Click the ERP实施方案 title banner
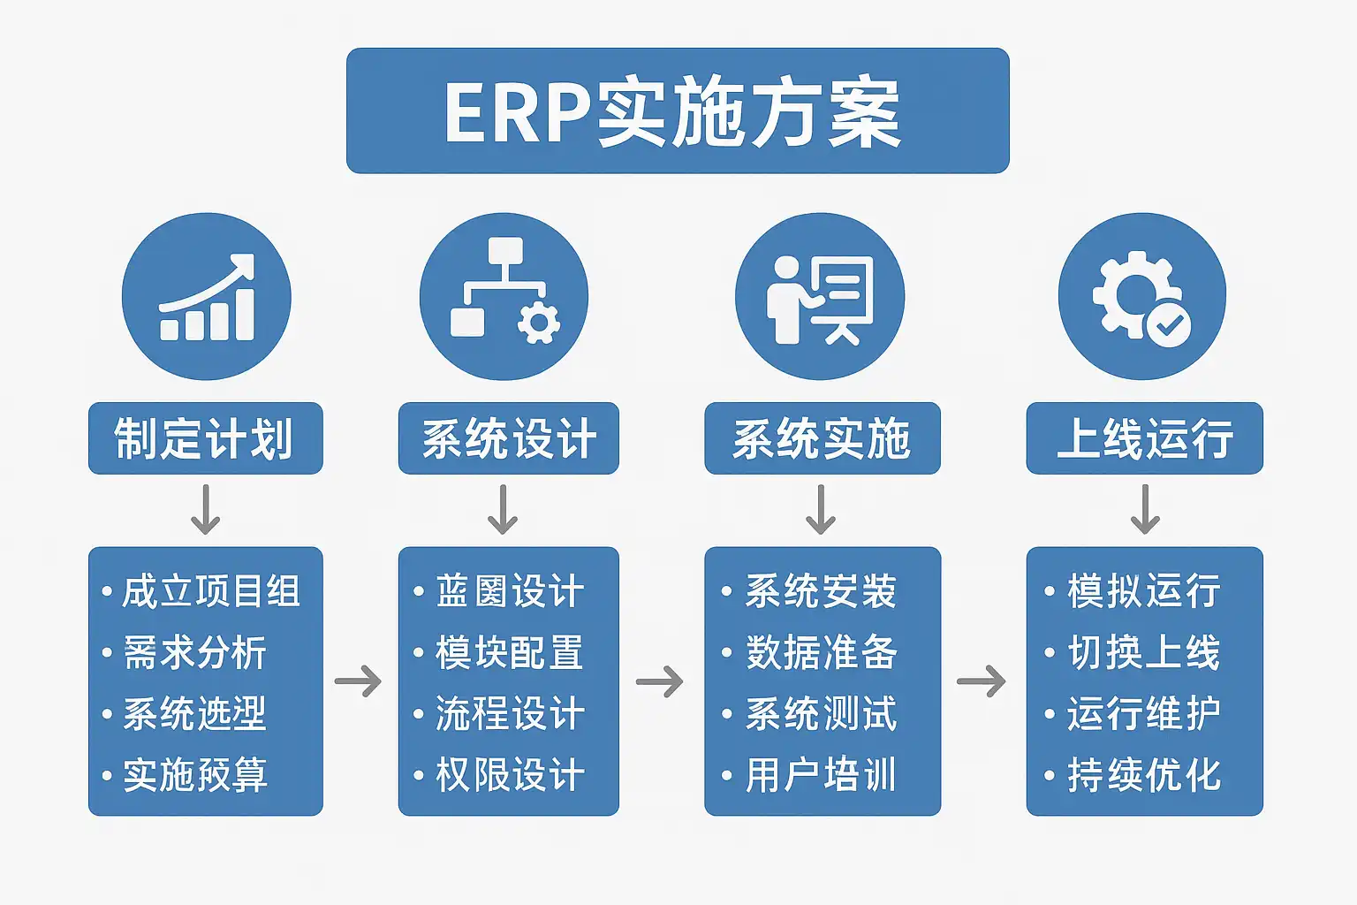click(678, 111)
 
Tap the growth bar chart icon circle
click(206, 297)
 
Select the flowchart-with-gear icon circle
click(504, 297)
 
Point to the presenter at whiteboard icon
click(820, 297)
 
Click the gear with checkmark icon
click(1141, 297)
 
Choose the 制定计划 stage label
click(205, 438)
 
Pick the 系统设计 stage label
click(508, 438)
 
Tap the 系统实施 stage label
click(822, 438)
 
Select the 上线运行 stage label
click(1144, 438)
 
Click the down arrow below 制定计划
click(206, 510)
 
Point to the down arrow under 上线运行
click(1145, 510)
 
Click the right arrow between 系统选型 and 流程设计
click(359, 681)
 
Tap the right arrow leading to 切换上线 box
click(982, 681)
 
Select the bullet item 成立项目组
click(210, 591)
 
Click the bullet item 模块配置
click(509, 653)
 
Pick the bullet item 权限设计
click(509, 775)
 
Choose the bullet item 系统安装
click(821, 591)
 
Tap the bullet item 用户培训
click(821, 775)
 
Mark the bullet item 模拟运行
click(1143, 591)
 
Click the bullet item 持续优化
click(1143, 775)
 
